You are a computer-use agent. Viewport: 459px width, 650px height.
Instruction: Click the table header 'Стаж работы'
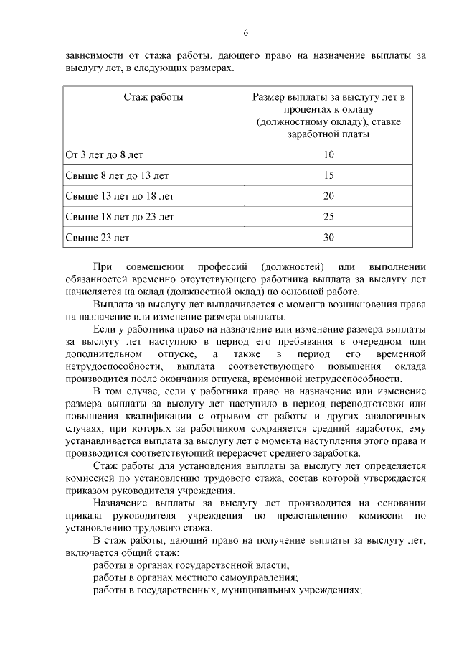pyautogui.click(x=153, y=97)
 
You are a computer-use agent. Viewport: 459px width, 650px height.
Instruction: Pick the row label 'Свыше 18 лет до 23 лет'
pyautogui.click(x=120, y=215)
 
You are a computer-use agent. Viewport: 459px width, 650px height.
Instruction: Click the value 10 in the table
pyautogui.click(x=329, y=154)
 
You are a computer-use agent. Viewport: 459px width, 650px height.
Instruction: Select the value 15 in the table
pyautogui.click(x=329, y=175)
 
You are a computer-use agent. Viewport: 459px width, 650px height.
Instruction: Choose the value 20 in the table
pyautogui.click(x=329, y=195)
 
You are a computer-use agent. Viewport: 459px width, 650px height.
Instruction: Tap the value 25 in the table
pyautogui.click(x=329, y=215)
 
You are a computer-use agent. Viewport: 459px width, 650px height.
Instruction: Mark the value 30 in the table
pyautogui.click(x=329, y=236)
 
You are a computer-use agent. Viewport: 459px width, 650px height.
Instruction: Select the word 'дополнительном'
pyautogui.click(x=102, y=355)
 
